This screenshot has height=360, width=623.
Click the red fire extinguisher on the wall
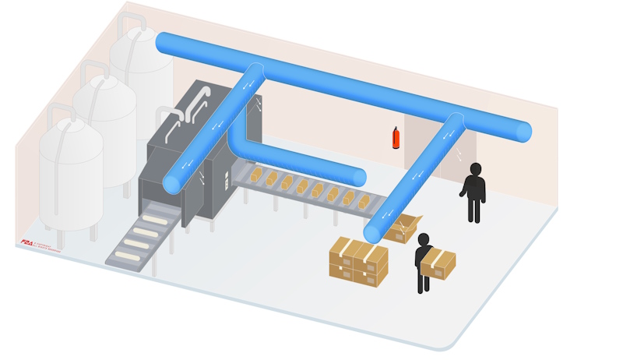396,138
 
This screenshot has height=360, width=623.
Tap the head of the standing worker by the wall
475,169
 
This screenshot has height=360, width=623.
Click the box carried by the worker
438,263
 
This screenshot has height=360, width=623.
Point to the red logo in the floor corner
28,242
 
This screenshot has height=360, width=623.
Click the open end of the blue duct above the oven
173,184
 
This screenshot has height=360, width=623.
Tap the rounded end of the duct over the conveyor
359,177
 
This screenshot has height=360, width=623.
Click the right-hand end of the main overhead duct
523,132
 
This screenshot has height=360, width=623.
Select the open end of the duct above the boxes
373,232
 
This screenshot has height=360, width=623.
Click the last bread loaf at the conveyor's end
364,202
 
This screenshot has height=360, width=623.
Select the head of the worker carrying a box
423,239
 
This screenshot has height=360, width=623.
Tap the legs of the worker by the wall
473,209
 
